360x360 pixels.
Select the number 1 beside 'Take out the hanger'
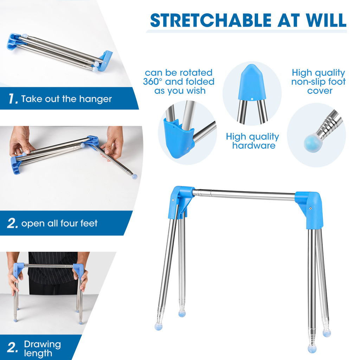tap(13, 99)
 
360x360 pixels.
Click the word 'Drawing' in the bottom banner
tap(43, 345)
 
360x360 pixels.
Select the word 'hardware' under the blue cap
tap(254, 145)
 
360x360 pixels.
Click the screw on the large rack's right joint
tap(310, 208)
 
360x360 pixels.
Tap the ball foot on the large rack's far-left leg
tap(159, 326)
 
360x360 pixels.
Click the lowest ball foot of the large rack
tap(312, 349)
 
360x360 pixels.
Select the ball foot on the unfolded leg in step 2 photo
tap(135, 176)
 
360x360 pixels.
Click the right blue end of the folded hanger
tap(106, 59)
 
